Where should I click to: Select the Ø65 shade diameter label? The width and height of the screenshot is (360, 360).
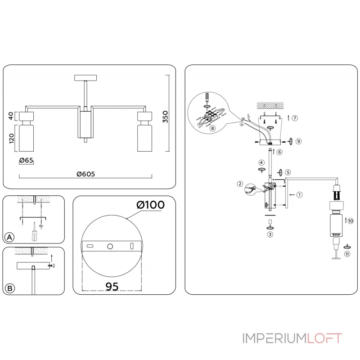[x=26, y=160]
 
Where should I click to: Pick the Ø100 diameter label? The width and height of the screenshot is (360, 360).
[x=150, y=205]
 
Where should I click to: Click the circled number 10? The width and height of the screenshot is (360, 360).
[x=351, y=220]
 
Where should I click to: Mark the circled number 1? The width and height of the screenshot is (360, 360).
[x=299, y=195]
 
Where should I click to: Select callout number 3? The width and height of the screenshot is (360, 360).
[x=270, y=234]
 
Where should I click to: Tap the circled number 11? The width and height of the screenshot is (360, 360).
[x=347, y=254]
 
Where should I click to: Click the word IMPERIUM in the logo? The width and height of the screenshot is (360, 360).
[x=275, y=338]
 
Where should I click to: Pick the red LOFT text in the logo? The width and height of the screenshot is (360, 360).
[x=325, y=338]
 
